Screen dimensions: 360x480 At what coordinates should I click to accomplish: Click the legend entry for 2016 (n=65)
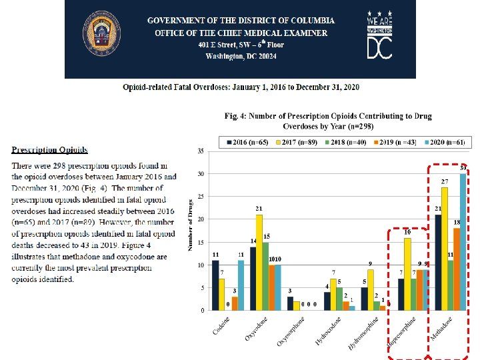click(248, 143)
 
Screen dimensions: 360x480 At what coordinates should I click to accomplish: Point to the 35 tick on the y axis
click(201, 151)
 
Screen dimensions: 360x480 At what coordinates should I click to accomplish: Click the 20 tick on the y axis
click(201, 219)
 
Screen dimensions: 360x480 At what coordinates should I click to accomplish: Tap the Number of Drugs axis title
click(191, 225)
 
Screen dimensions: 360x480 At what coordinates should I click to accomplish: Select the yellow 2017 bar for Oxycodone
click(259, 262)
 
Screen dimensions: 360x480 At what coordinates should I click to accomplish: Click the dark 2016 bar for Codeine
click(215, 285)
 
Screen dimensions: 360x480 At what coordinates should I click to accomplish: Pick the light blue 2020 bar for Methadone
click(463, 242)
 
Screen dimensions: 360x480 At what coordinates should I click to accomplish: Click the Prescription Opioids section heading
click(49, 150)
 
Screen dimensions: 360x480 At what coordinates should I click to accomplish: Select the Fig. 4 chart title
click(328, 121)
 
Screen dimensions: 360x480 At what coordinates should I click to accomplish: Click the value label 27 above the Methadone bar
click(444, 182)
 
